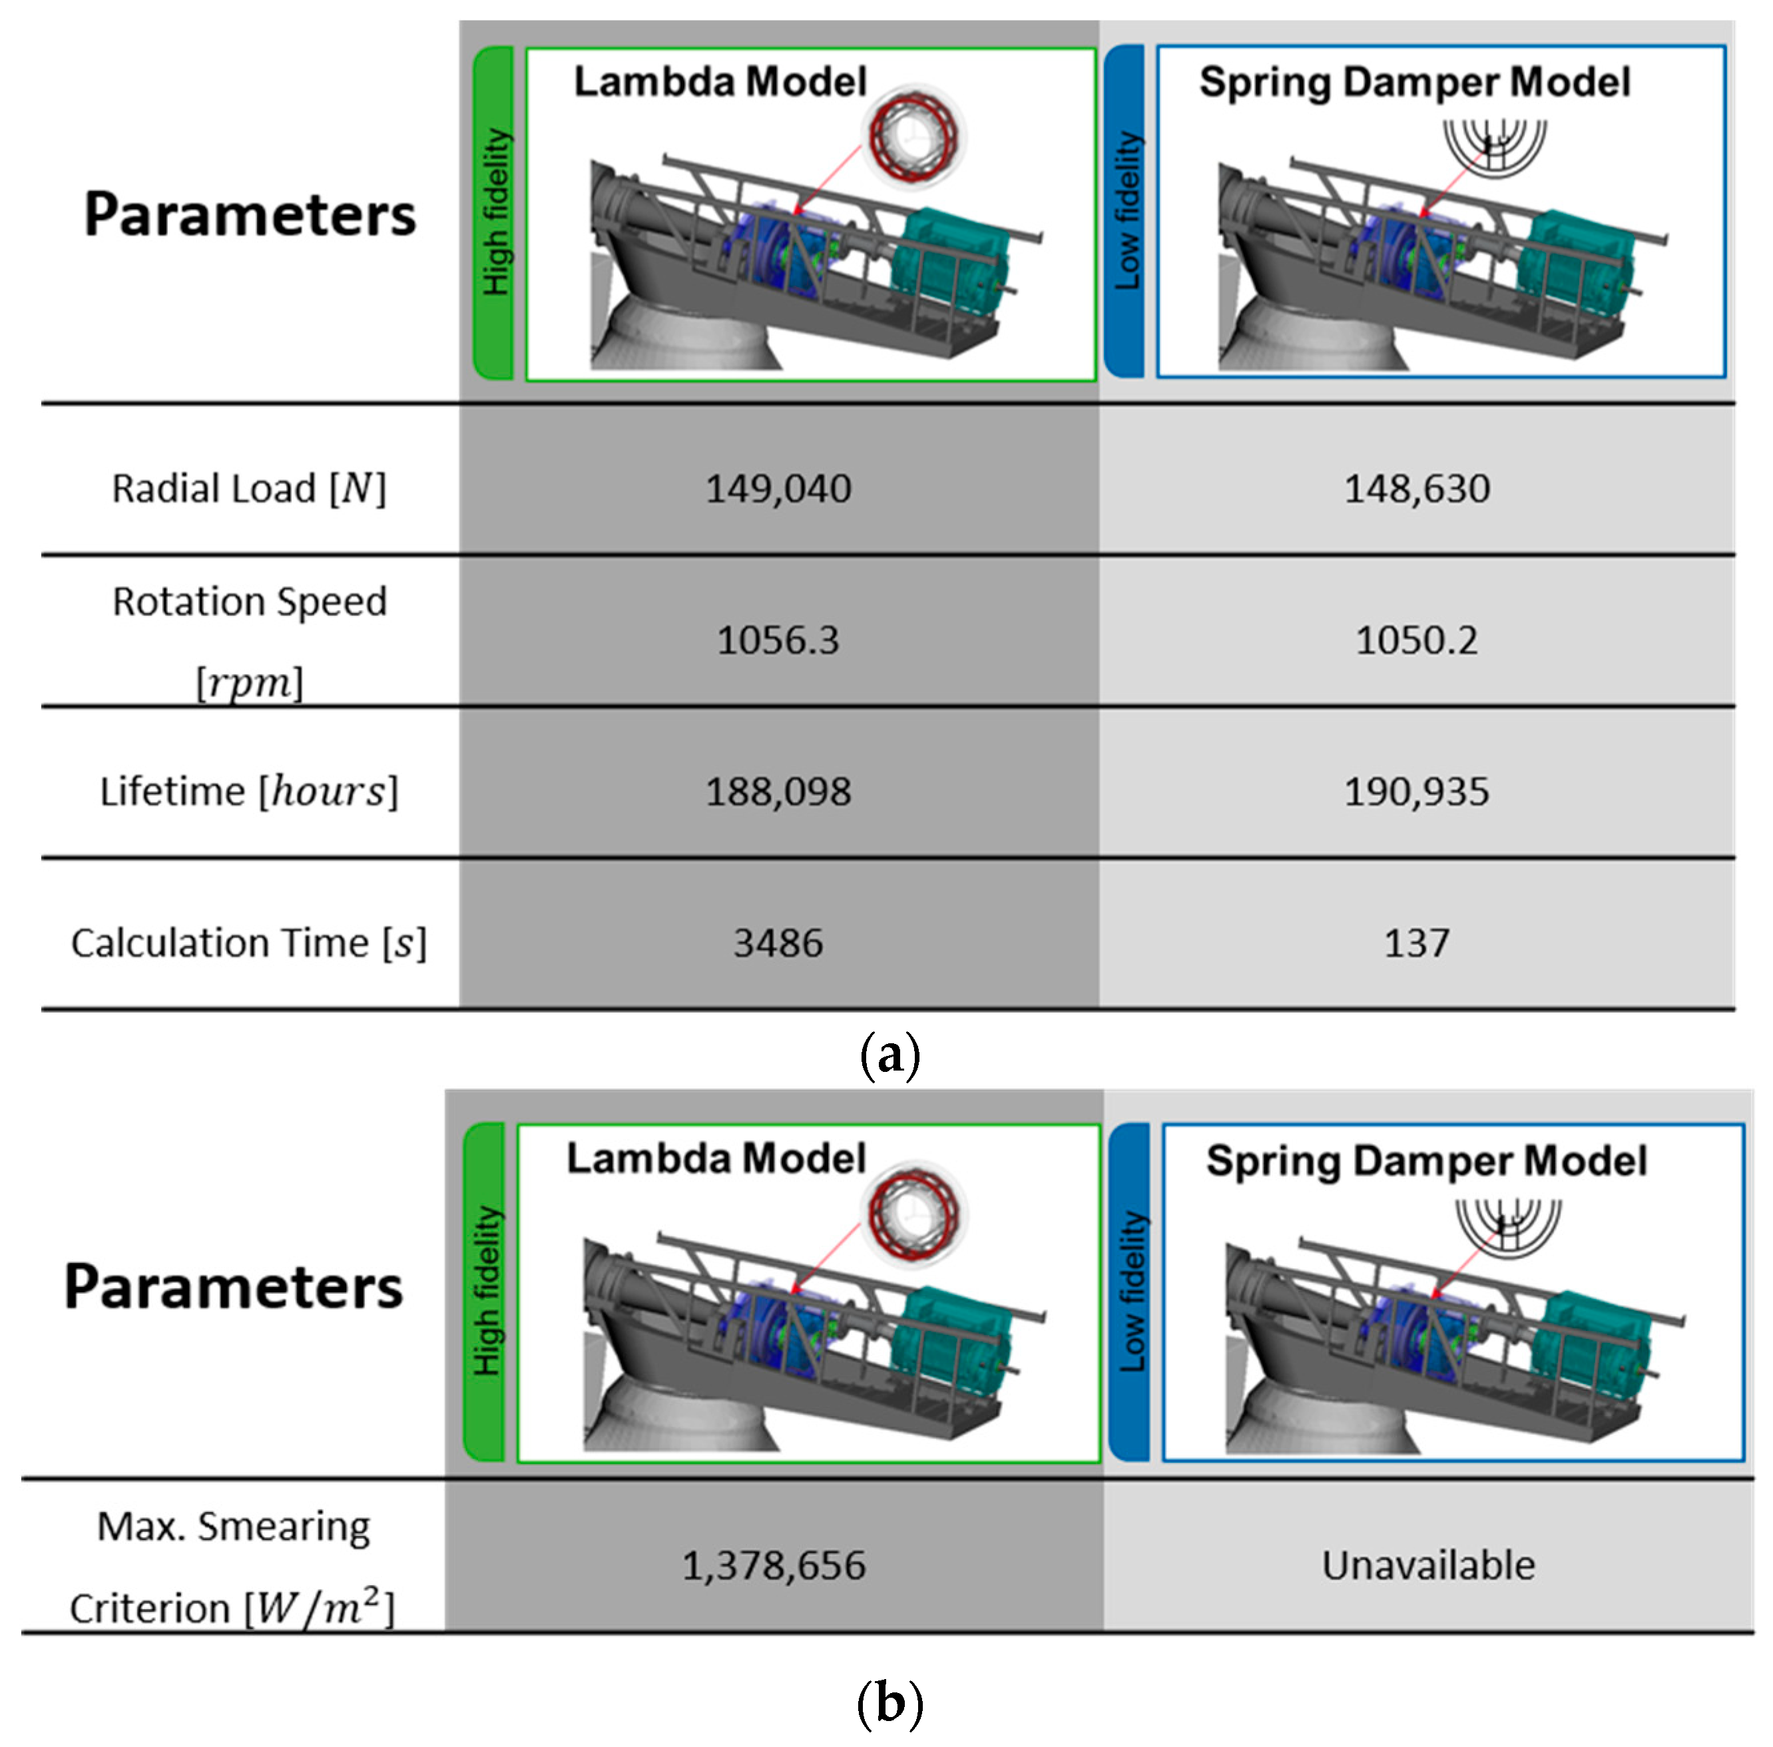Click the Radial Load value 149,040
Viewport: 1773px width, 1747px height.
tap(778, 488)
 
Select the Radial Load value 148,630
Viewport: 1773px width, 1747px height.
tap(1417, 488)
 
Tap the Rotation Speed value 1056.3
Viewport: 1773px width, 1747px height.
tap(778, 640)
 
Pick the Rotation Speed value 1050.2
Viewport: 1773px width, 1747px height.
tap(1417, 640)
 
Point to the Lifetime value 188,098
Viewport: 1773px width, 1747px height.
tap(778, 791)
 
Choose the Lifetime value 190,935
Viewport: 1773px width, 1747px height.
tap(1417, 791)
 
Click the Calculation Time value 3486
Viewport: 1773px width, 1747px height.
tap(778, 942)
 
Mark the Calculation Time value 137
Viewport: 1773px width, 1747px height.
tap(1417, 942)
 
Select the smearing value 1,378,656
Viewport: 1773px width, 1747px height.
tap(774, 1565)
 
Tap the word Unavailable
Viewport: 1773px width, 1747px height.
tap(1428, 1565)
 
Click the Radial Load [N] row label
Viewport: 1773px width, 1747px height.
tap(249, 488)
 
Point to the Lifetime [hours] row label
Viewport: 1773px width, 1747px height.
tap(249, 791)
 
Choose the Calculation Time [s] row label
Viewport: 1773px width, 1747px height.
tap(249, 942)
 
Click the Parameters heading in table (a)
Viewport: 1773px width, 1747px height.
tap(250, 214)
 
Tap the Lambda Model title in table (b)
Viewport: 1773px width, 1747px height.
tap(716, 1158)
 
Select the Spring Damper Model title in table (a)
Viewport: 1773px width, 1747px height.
tap(1415, 83)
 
